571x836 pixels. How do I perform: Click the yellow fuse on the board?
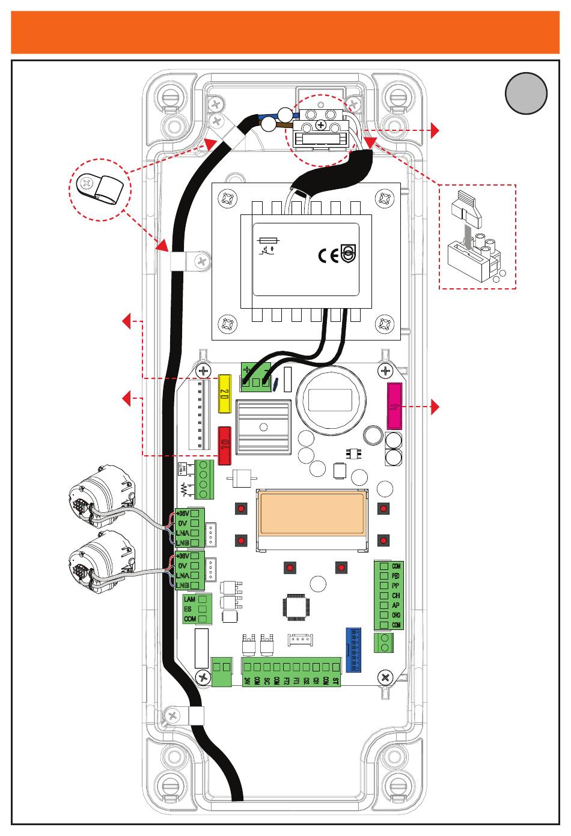[x=225, y=395]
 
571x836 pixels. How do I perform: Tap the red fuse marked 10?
[x=225, y=445]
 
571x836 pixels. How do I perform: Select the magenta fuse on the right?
[x=394, y=406]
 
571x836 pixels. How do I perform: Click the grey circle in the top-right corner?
[x=526, y=93]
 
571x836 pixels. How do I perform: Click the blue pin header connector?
[x=353, y=650]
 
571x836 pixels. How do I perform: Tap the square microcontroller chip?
[x=296, y=607]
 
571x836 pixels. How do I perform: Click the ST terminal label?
[x=335, y=681]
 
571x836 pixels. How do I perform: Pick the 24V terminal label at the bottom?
[x=247, y=681]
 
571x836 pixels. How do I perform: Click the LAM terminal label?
[x=190, y=599]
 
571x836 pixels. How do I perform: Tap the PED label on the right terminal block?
[x=396, y=575]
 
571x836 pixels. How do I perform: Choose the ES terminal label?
[x=188, y=609]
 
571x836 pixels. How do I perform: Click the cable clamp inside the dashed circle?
[x=100, y=187]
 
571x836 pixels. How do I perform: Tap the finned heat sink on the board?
[x=263, y=428]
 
